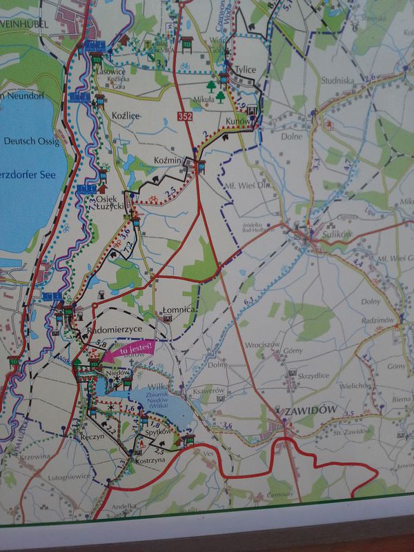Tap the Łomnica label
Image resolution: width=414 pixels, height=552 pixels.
[179, 311]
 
